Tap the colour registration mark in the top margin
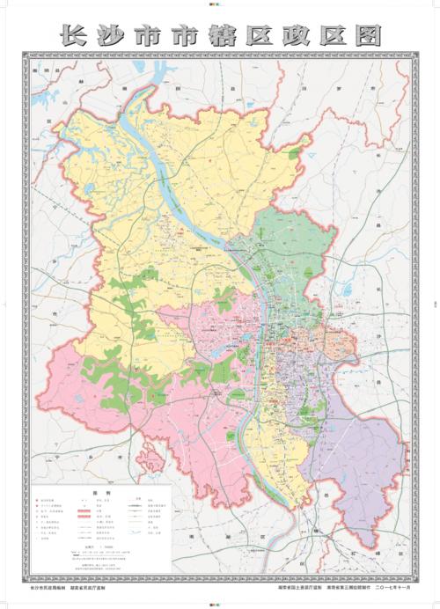tap(220, 4)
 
